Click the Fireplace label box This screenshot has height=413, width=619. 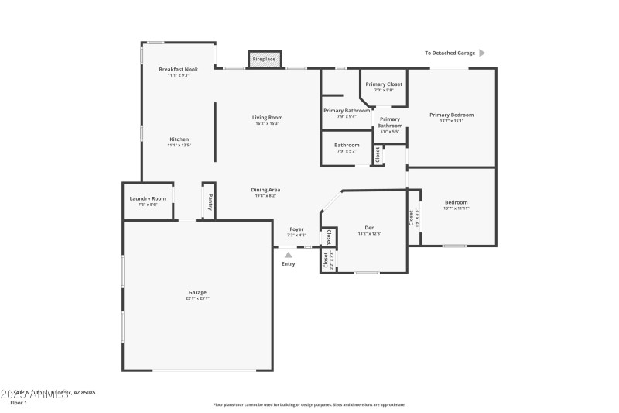pos(265,59)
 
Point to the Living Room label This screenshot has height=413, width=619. pos(267,118)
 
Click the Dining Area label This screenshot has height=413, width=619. pos(265,190)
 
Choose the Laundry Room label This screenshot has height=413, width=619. pos(147,198)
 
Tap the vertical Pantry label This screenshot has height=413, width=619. pos(209,201)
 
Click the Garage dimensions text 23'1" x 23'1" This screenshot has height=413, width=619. pos(197,298)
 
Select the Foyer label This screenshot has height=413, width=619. pos(296,229)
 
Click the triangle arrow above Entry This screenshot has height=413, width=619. pos(289,253)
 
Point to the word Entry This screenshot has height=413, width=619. pos(289,264)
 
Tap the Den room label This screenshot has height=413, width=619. pos(370,228)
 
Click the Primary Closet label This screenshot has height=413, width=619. pos(384,84)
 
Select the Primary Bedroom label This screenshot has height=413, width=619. pos(451,115)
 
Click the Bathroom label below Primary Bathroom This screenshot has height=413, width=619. pos(347,145)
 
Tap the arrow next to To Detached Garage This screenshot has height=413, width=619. pos(482,53)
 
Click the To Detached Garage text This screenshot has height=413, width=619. pos(449,53)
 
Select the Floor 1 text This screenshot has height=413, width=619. pos(19,403)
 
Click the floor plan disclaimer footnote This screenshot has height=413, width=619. pos(309,404)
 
